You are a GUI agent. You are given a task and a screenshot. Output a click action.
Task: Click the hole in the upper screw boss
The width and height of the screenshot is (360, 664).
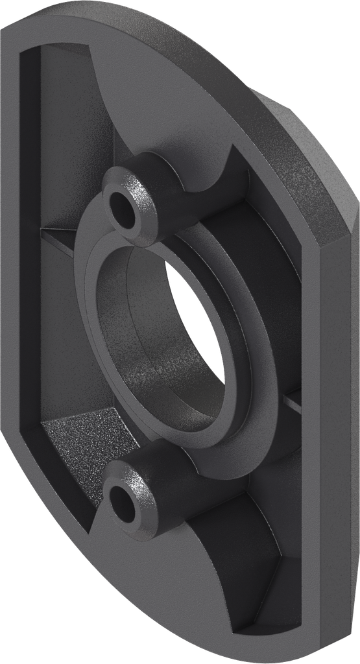(x=123, y=206)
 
